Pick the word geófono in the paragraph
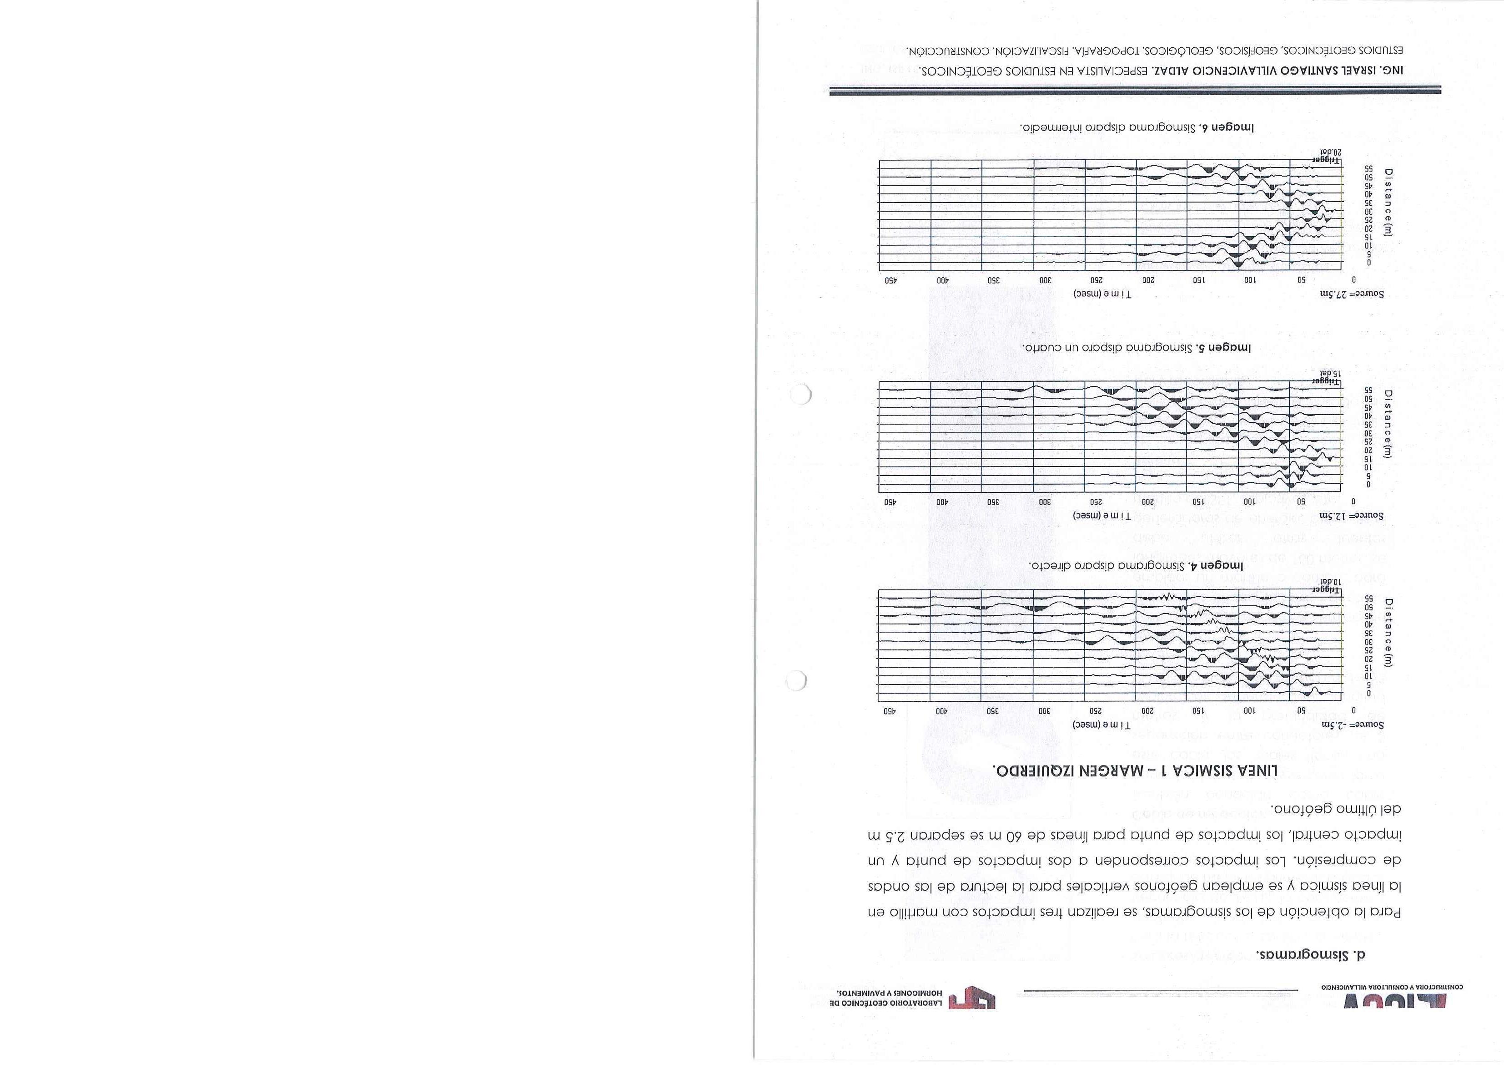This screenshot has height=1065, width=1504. point(1307,809)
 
